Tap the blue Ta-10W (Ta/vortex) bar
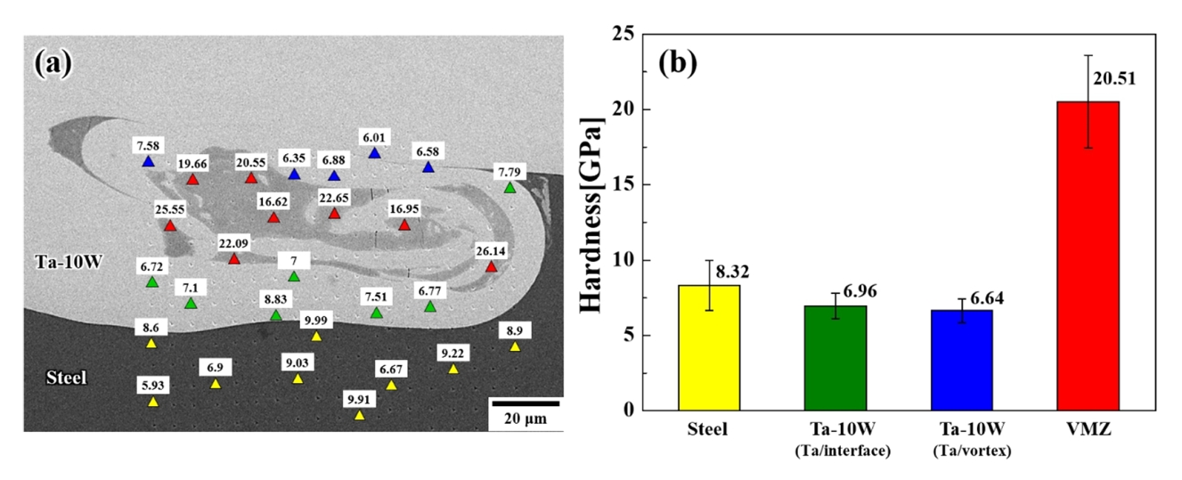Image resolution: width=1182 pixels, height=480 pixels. click(x=961, y=360)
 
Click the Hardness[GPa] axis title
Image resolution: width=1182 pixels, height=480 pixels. click(x=591, y=221)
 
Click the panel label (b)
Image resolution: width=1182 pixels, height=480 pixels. click(x=677, y=62)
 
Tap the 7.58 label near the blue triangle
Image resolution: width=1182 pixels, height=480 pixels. click(x=148, y=145)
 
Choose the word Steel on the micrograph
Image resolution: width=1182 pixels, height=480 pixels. click(x=67, y=378)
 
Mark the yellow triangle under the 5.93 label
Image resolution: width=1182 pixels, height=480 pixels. click(x=152, y=403)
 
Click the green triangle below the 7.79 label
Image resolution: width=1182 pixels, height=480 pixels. click(x=509, y=188)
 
